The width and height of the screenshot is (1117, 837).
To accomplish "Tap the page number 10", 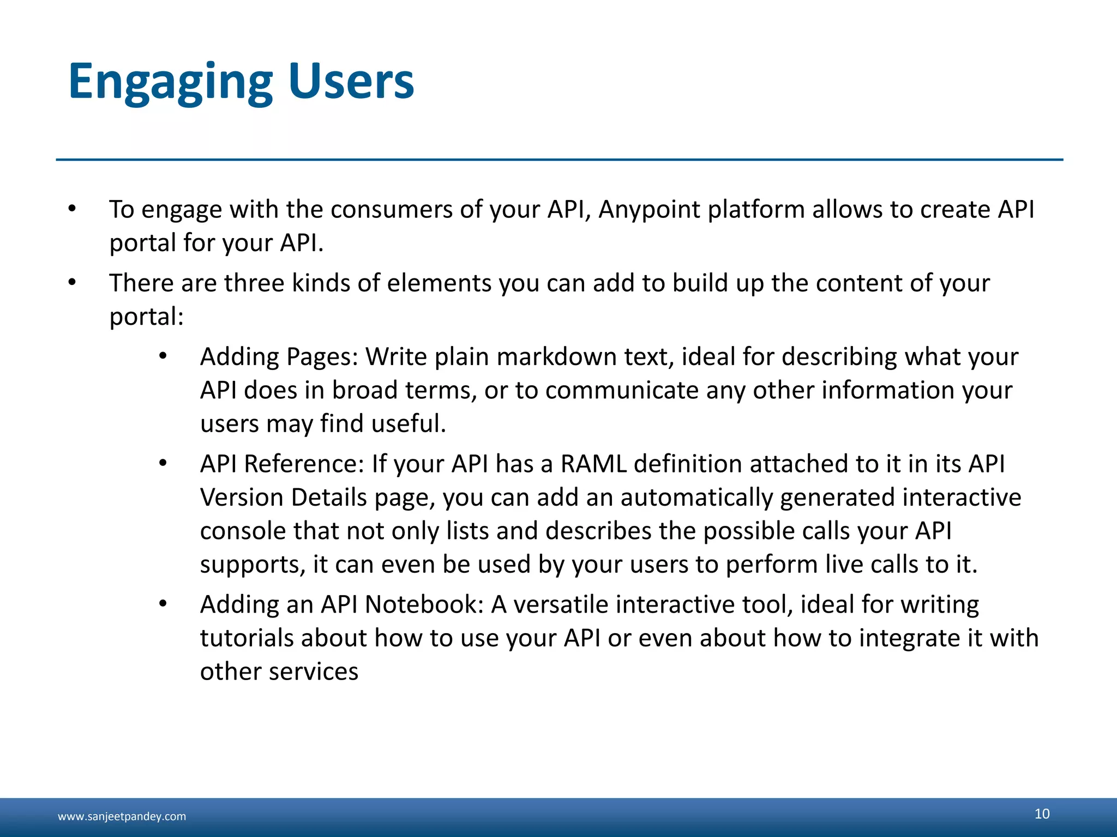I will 1042,814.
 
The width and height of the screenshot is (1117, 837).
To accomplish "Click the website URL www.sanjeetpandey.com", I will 122,816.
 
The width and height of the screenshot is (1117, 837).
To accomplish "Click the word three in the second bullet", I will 254,283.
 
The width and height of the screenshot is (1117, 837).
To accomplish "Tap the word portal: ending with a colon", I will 146,317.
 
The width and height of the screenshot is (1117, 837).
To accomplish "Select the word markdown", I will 556,357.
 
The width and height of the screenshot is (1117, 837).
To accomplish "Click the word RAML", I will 593,464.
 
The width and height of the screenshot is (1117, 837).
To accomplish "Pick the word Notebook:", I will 424,605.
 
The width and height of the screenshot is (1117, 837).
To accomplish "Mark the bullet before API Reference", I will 163,464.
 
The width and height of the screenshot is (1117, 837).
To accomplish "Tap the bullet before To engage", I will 72,209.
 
